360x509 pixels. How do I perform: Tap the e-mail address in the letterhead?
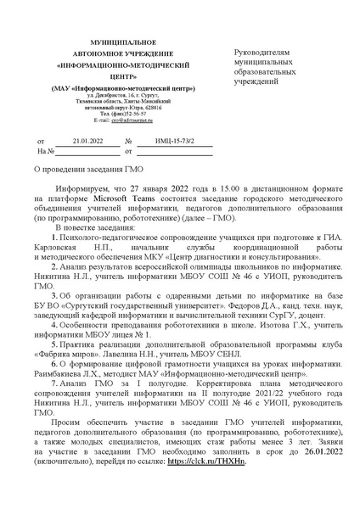click(x=117, y=122)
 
